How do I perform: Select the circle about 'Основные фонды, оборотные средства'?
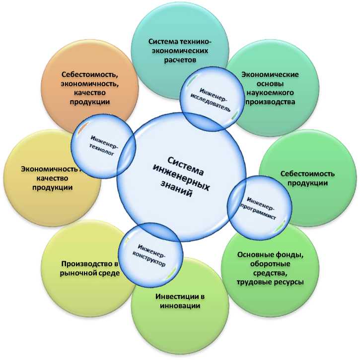coord(271,268)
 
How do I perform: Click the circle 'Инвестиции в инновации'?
coord(180,301)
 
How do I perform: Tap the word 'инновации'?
coord(180,306)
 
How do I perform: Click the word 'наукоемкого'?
coord(270,93)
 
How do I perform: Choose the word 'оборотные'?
coord(270,264)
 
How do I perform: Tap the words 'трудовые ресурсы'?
coord(270,282)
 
